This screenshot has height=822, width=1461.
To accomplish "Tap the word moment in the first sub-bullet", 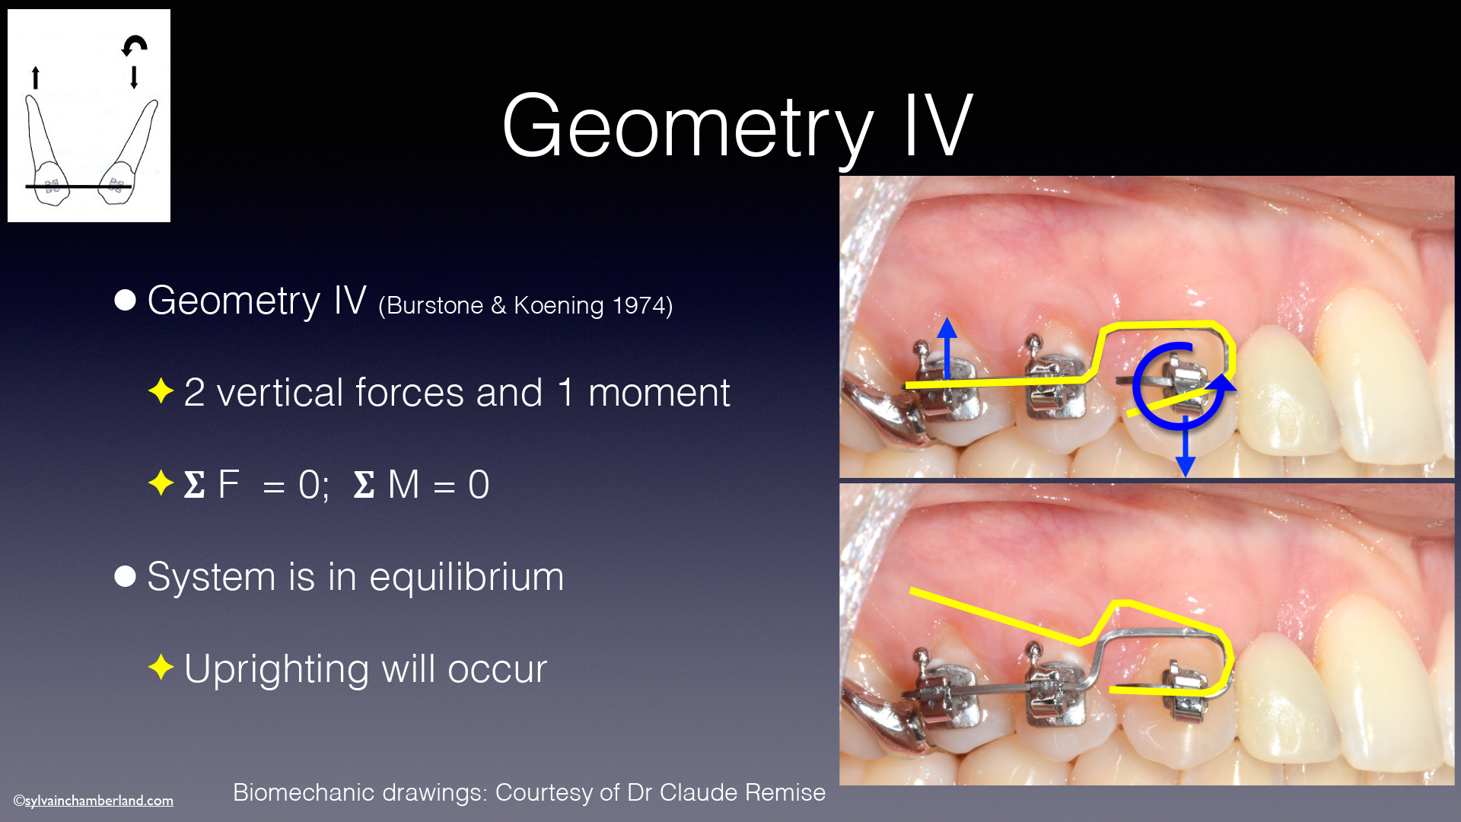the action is point(659,393).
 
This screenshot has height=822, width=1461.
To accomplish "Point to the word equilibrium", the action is point(466,576).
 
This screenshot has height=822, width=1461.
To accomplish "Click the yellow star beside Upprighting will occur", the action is point(161,667).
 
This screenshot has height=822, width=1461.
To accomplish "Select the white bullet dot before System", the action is point(125,576).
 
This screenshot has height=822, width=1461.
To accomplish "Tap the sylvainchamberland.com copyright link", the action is point(94,801).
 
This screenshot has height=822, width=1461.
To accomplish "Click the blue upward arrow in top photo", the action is point(947,348).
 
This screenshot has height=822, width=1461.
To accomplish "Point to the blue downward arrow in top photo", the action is point(1185,447).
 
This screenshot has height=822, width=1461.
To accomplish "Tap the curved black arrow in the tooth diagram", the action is point(135,44).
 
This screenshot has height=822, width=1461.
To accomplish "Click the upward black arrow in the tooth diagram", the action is point(35,77).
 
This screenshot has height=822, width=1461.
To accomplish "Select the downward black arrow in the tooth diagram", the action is point(134,77).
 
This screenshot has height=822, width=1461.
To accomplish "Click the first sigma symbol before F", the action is point(194,484).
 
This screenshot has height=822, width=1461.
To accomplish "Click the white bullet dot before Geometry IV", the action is point(125,300).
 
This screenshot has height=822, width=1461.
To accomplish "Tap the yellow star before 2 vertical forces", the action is point(161,390).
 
